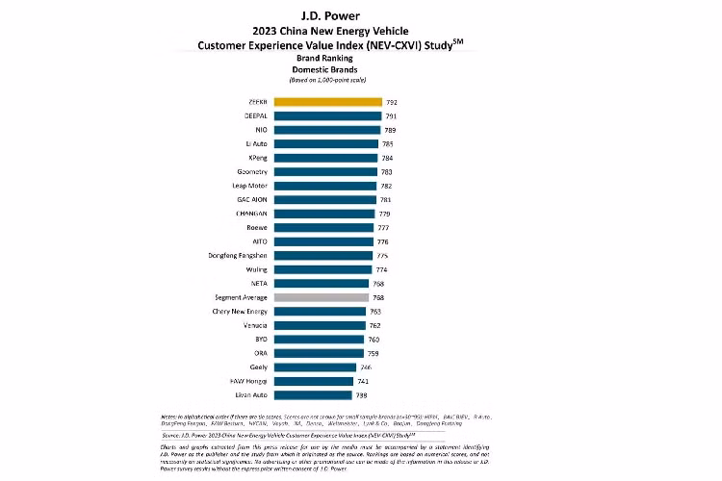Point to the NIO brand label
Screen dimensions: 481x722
click(261, 129)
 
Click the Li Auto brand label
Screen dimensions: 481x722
click(257, 143)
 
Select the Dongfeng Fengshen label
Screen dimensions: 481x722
click(239, 255)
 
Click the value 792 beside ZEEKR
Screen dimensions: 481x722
click(390, 101)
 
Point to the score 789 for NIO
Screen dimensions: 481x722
click(389, 129)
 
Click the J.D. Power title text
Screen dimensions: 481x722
click(362, 14)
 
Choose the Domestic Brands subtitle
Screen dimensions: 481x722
click(362, 69)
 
